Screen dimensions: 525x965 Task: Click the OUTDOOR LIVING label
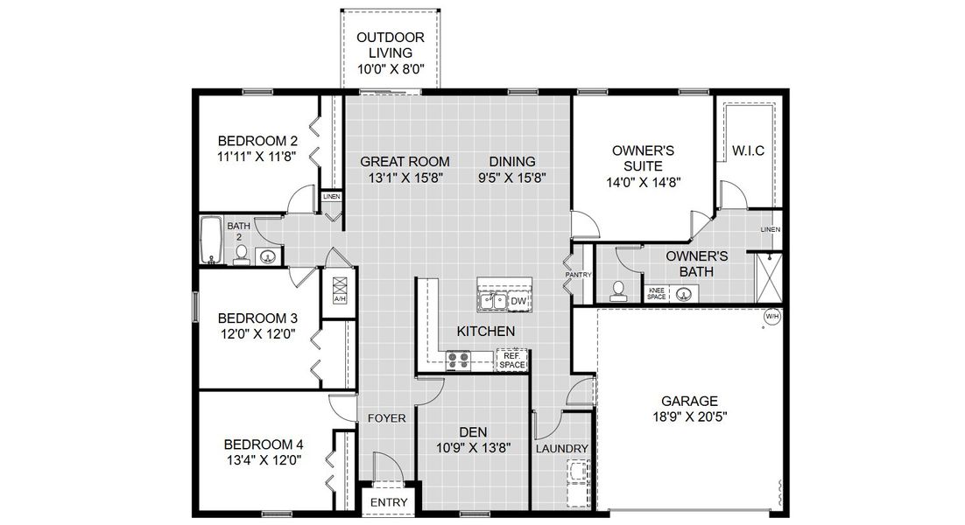click(x=391, y=45)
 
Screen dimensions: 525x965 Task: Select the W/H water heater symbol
click(x=771, y=316)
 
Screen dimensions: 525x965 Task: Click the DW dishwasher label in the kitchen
click(x=518, y=302)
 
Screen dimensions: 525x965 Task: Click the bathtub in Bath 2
click(x=210, y=240)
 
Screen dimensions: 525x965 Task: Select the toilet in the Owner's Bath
click(x=618, y=290)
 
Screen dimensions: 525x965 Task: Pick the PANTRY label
click(x=579, y=275)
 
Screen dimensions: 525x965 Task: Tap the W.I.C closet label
click(x=748, y=150)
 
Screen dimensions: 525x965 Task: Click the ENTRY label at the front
click(x=388, y=502)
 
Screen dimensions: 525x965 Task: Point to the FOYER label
click(x=386, y=418)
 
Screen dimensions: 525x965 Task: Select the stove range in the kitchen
click(x=458, y=358)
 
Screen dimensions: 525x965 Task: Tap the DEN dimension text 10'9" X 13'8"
click(x=473, y=447)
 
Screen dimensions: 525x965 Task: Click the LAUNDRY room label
click(x=561, y=449)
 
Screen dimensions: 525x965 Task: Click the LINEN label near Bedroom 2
click(x=331, y=197)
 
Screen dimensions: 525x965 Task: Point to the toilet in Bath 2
click(x=241, y=255)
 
